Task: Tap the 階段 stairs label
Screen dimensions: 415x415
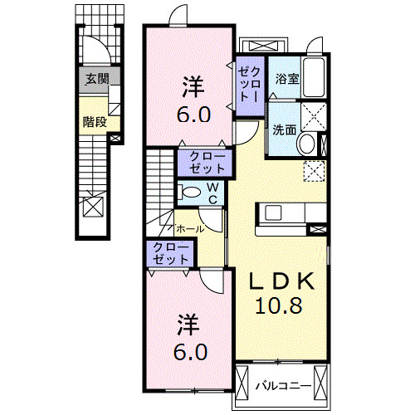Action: (x=95, y=121)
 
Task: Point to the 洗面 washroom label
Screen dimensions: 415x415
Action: (x=284, y=129)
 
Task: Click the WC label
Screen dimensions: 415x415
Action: (x=212, y=194)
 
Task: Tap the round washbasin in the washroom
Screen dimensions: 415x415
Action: (x=306, y=144)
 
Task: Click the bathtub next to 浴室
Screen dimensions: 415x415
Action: (x=315, y=79)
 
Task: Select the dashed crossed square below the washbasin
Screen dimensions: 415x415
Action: (x=315, y=171)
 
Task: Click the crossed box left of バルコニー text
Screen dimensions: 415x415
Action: (x=243, y=384)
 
